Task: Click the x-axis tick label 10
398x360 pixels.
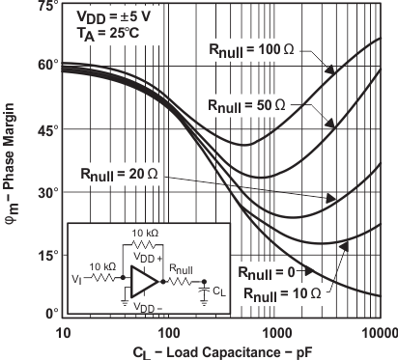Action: tap(64, 332)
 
